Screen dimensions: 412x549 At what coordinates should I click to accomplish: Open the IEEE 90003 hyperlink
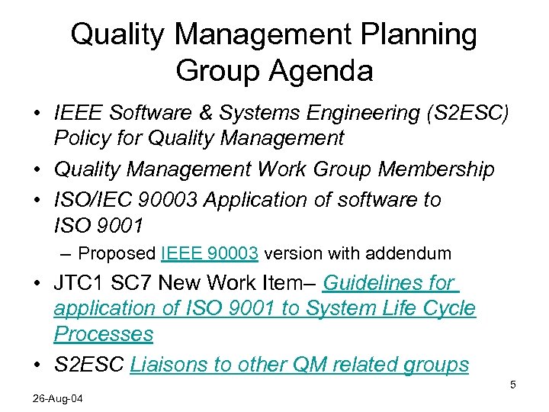click(210, 253)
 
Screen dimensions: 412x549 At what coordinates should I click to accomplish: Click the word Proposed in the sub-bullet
click(117, 253)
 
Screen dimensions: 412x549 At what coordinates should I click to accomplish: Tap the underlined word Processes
click(103, 334)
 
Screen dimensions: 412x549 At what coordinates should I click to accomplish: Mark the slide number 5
click(513, 385)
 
